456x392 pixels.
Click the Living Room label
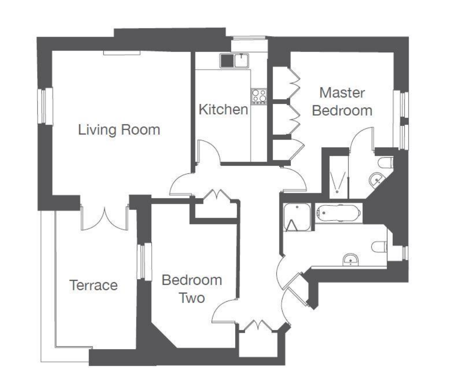[x=119, y=130]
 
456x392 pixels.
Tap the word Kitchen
[x=223, y=110]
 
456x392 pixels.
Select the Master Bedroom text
[x=342, y=102]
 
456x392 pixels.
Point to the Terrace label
[x=93, y=285]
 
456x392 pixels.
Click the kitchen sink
[x=235, y=60]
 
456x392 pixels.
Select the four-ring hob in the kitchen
[x=259, y=96]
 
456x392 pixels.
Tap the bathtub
[x=339, y=213]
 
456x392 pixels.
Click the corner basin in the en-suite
[x=376, y=181]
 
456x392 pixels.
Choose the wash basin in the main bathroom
[x=350, y=260]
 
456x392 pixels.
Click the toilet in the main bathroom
[x=380, y=247]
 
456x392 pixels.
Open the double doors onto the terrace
[x=105, y=219]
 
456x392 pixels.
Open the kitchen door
[x=208, y=153]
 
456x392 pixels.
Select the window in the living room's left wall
[x=45, y=106]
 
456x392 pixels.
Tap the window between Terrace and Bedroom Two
[x=144, y=261]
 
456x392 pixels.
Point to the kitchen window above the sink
[x=249, y=38]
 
